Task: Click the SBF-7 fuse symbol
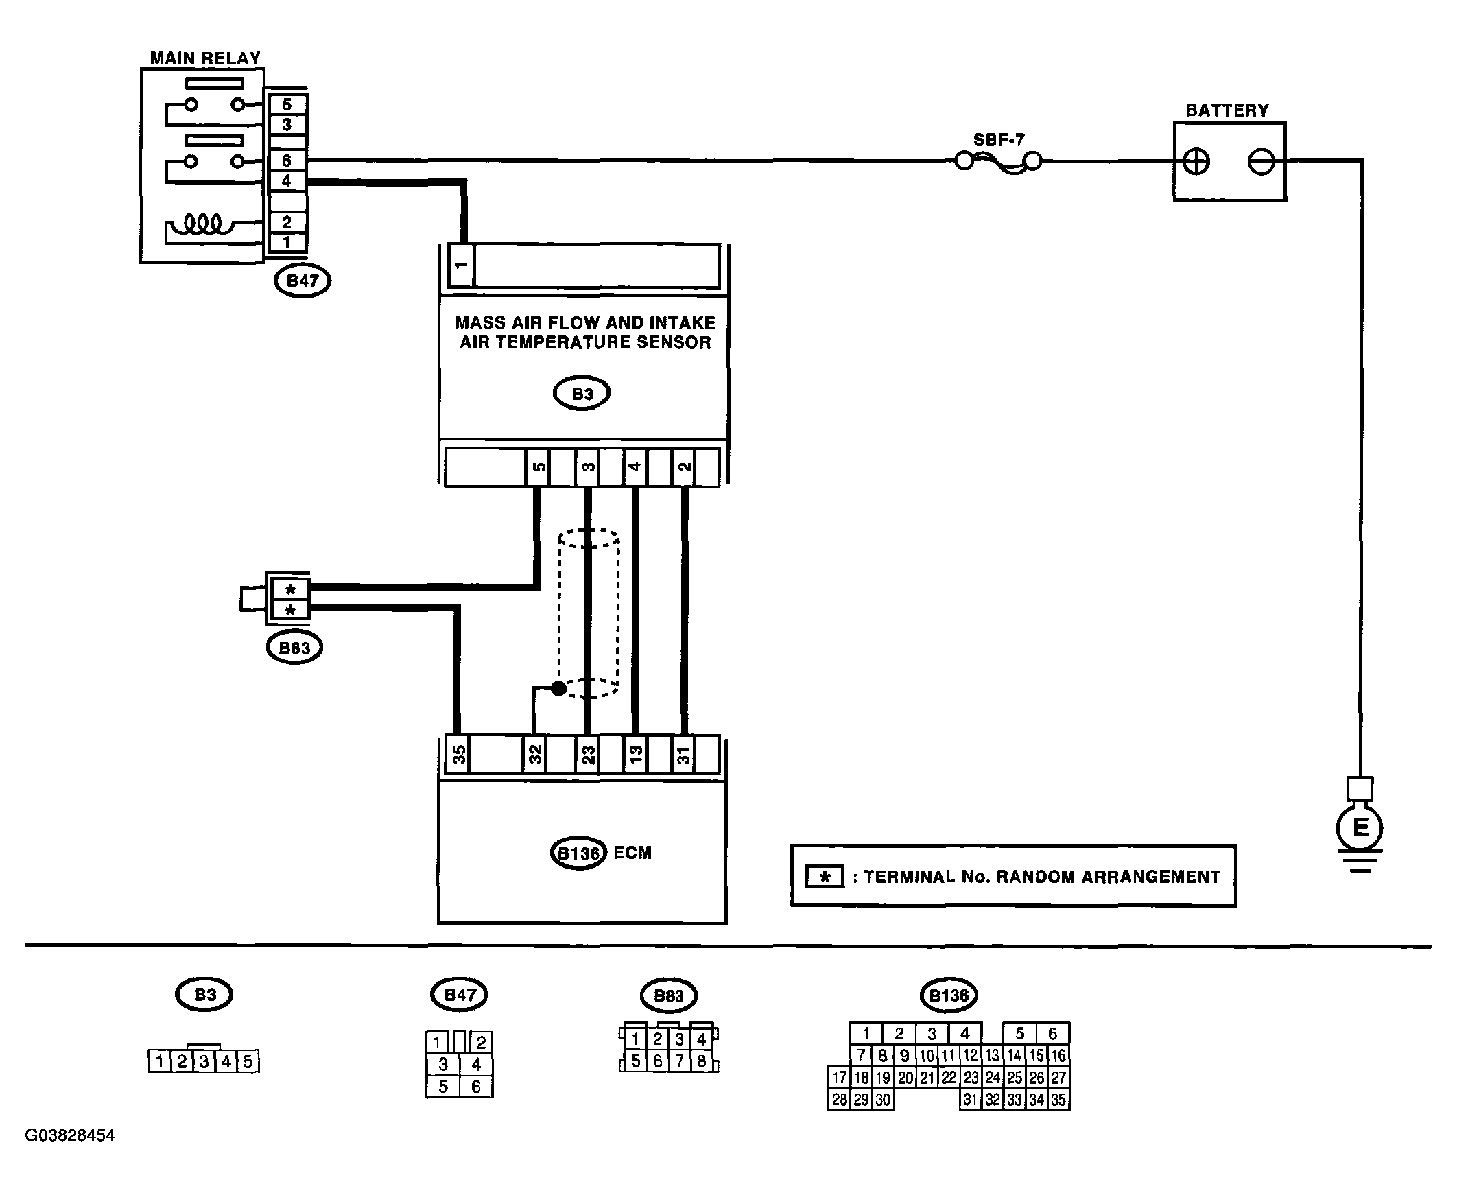[999, 162]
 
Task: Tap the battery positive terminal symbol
[1196, 162]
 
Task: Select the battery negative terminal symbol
[1261, 162]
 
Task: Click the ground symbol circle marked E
[1360, 827]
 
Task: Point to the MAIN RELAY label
[206, 58]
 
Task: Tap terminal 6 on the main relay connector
[287, 160]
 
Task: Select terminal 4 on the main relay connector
[287, 180]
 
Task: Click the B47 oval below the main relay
[303, 281]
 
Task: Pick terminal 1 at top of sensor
[461, 265]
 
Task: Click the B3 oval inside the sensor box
[582, 394]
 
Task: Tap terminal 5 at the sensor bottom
[538, 467]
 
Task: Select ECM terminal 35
[458, 755]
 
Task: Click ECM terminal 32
[534, 755]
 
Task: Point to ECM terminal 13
[635, 755]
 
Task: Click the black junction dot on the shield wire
[559, 687]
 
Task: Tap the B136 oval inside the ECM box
[579, 853]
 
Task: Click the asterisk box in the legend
[825, 877]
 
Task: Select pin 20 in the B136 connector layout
[905, 1078]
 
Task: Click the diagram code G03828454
[70, 1135]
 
